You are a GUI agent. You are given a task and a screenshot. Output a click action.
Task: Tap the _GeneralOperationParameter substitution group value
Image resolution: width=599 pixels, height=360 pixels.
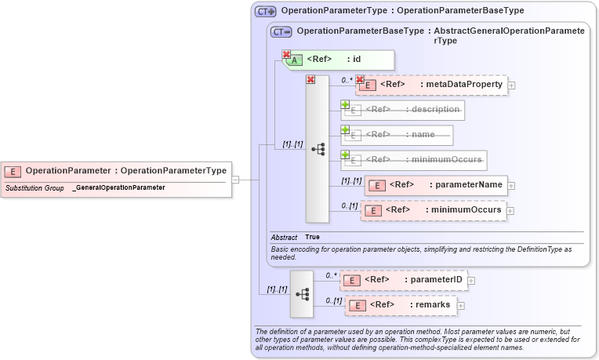pyautogui.click(x=118, y=188)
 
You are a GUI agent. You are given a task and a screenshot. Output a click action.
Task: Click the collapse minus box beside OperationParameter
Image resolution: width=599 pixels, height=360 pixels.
pyautogui.click(x=235, y=180)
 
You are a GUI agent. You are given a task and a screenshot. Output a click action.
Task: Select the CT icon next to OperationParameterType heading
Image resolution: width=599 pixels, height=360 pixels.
pyautogui.click(x=266, y=11)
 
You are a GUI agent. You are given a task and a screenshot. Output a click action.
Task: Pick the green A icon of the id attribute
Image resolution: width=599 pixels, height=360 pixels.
pyautogui.click(x=295, y=60)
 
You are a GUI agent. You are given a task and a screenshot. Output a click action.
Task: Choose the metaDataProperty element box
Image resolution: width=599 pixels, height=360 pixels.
pyautogui.click(x=431, y=85)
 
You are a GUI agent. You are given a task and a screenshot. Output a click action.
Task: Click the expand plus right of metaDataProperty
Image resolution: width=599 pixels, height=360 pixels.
pyautogui.click(x=511, y=85)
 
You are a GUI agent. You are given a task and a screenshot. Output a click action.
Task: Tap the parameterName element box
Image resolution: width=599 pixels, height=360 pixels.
pyautogui.click(x=436, y=185)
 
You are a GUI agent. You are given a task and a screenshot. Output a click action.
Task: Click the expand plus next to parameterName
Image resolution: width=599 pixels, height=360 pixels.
pyautogui.click(x=511, y=186)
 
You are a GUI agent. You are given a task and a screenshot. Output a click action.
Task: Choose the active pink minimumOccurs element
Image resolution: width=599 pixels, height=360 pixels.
pyautogui.click(x=434, y=210)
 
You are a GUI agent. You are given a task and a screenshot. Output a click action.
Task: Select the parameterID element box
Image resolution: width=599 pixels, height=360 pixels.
pyautogui.click(x=405, y=279)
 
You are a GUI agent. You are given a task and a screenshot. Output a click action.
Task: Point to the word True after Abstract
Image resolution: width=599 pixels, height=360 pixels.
pyautogui.click(x=312, y=237)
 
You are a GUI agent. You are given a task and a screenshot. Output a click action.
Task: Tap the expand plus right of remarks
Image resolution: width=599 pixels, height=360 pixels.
pyautogui.click(x=461, y=306)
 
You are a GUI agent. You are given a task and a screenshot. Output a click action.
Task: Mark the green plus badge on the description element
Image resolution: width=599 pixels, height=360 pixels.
pyautogui.click(x=345, y=104)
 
